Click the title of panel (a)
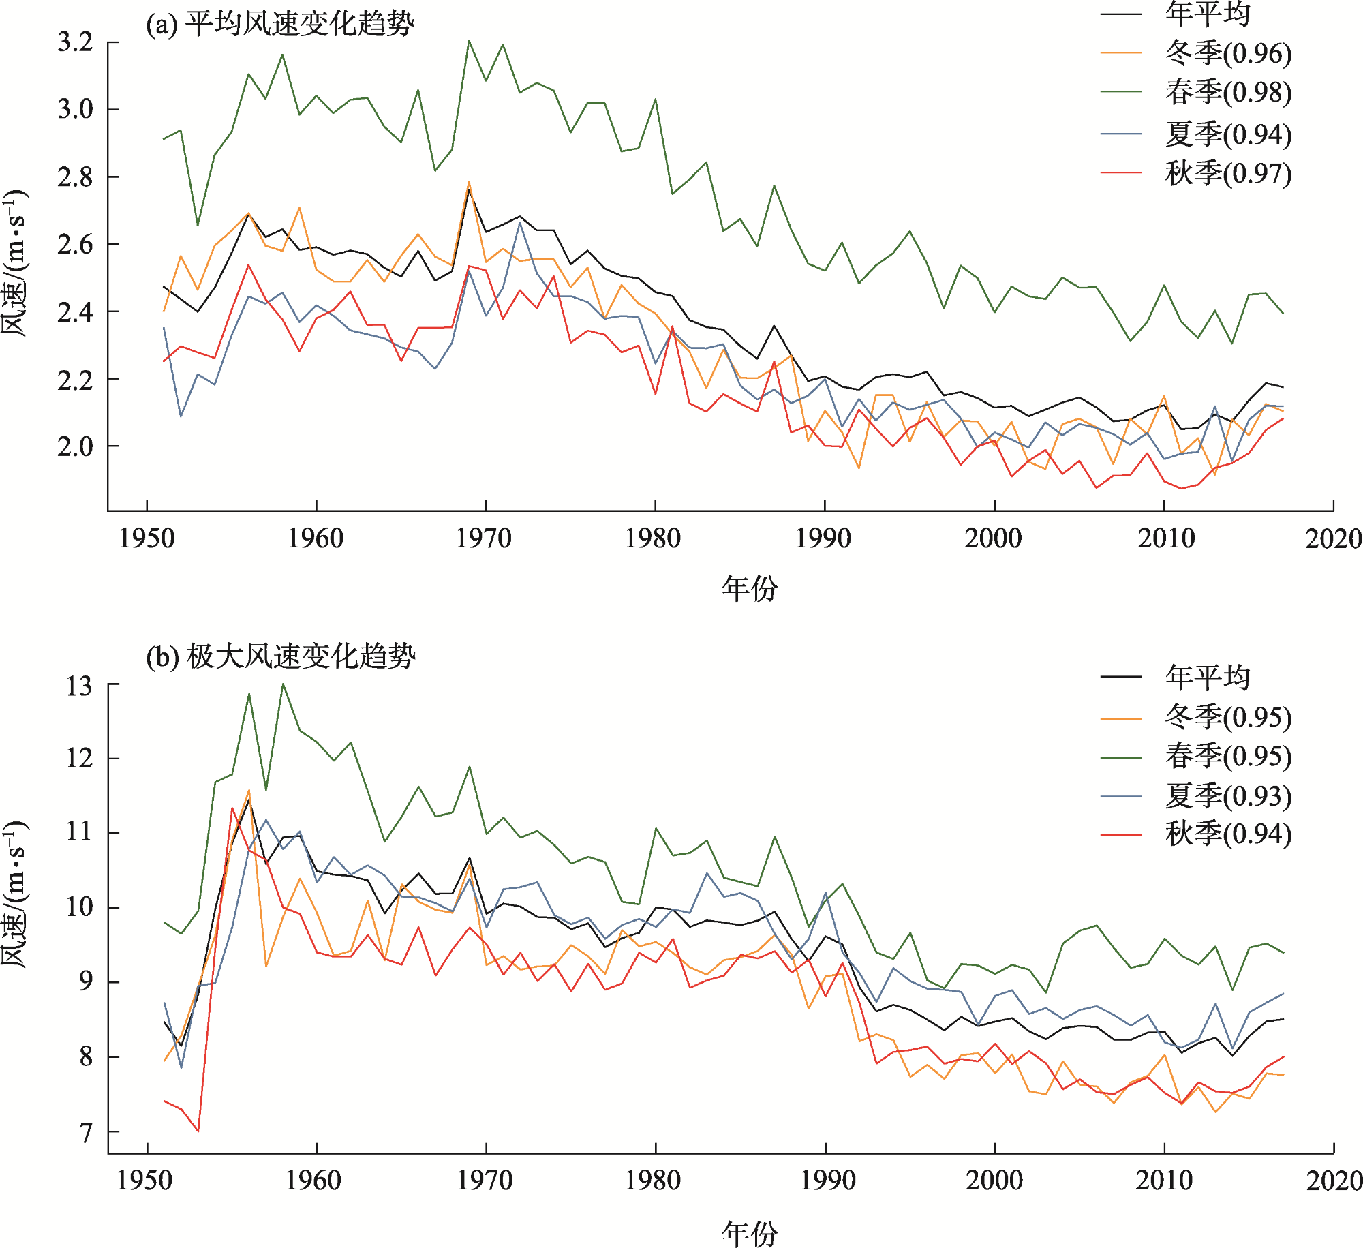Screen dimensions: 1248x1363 [279, 25]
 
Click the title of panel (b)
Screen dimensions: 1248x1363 [280, 656]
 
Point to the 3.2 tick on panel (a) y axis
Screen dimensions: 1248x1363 [75, 42]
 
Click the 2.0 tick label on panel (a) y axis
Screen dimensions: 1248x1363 [75, 446]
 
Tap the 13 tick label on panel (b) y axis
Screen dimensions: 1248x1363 [79, 686]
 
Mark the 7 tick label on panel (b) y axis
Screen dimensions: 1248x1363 [85, 1133]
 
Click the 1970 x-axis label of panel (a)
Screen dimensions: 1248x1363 [484, 538]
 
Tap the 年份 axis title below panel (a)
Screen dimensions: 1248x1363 [750, 588]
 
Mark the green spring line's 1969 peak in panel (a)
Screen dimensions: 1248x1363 [469, 41]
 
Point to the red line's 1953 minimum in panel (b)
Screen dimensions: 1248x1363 [198, 1131]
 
